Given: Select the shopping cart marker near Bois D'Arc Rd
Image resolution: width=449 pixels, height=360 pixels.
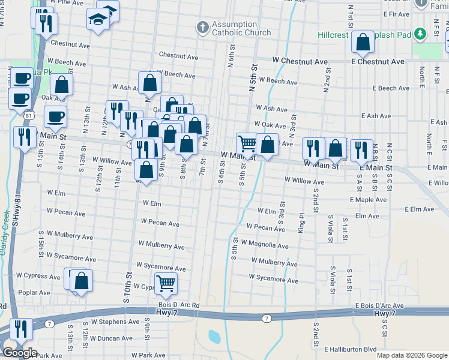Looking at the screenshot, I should (166, 283).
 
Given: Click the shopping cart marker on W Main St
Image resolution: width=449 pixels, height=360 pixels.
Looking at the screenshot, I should (247, 143).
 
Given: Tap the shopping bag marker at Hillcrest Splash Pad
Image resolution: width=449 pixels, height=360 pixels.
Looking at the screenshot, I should (363, 42).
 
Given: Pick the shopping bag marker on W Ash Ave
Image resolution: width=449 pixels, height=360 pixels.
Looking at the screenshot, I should (149, 83).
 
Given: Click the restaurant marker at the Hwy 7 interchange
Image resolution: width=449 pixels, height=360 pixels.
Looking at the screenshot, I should (22, 329).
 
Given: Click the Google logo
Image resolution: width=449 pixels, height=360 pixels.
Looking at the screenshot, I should (19, 353).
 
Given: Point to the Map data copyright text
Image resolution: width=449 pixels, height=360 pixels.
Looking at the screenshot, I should (411, 355).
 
